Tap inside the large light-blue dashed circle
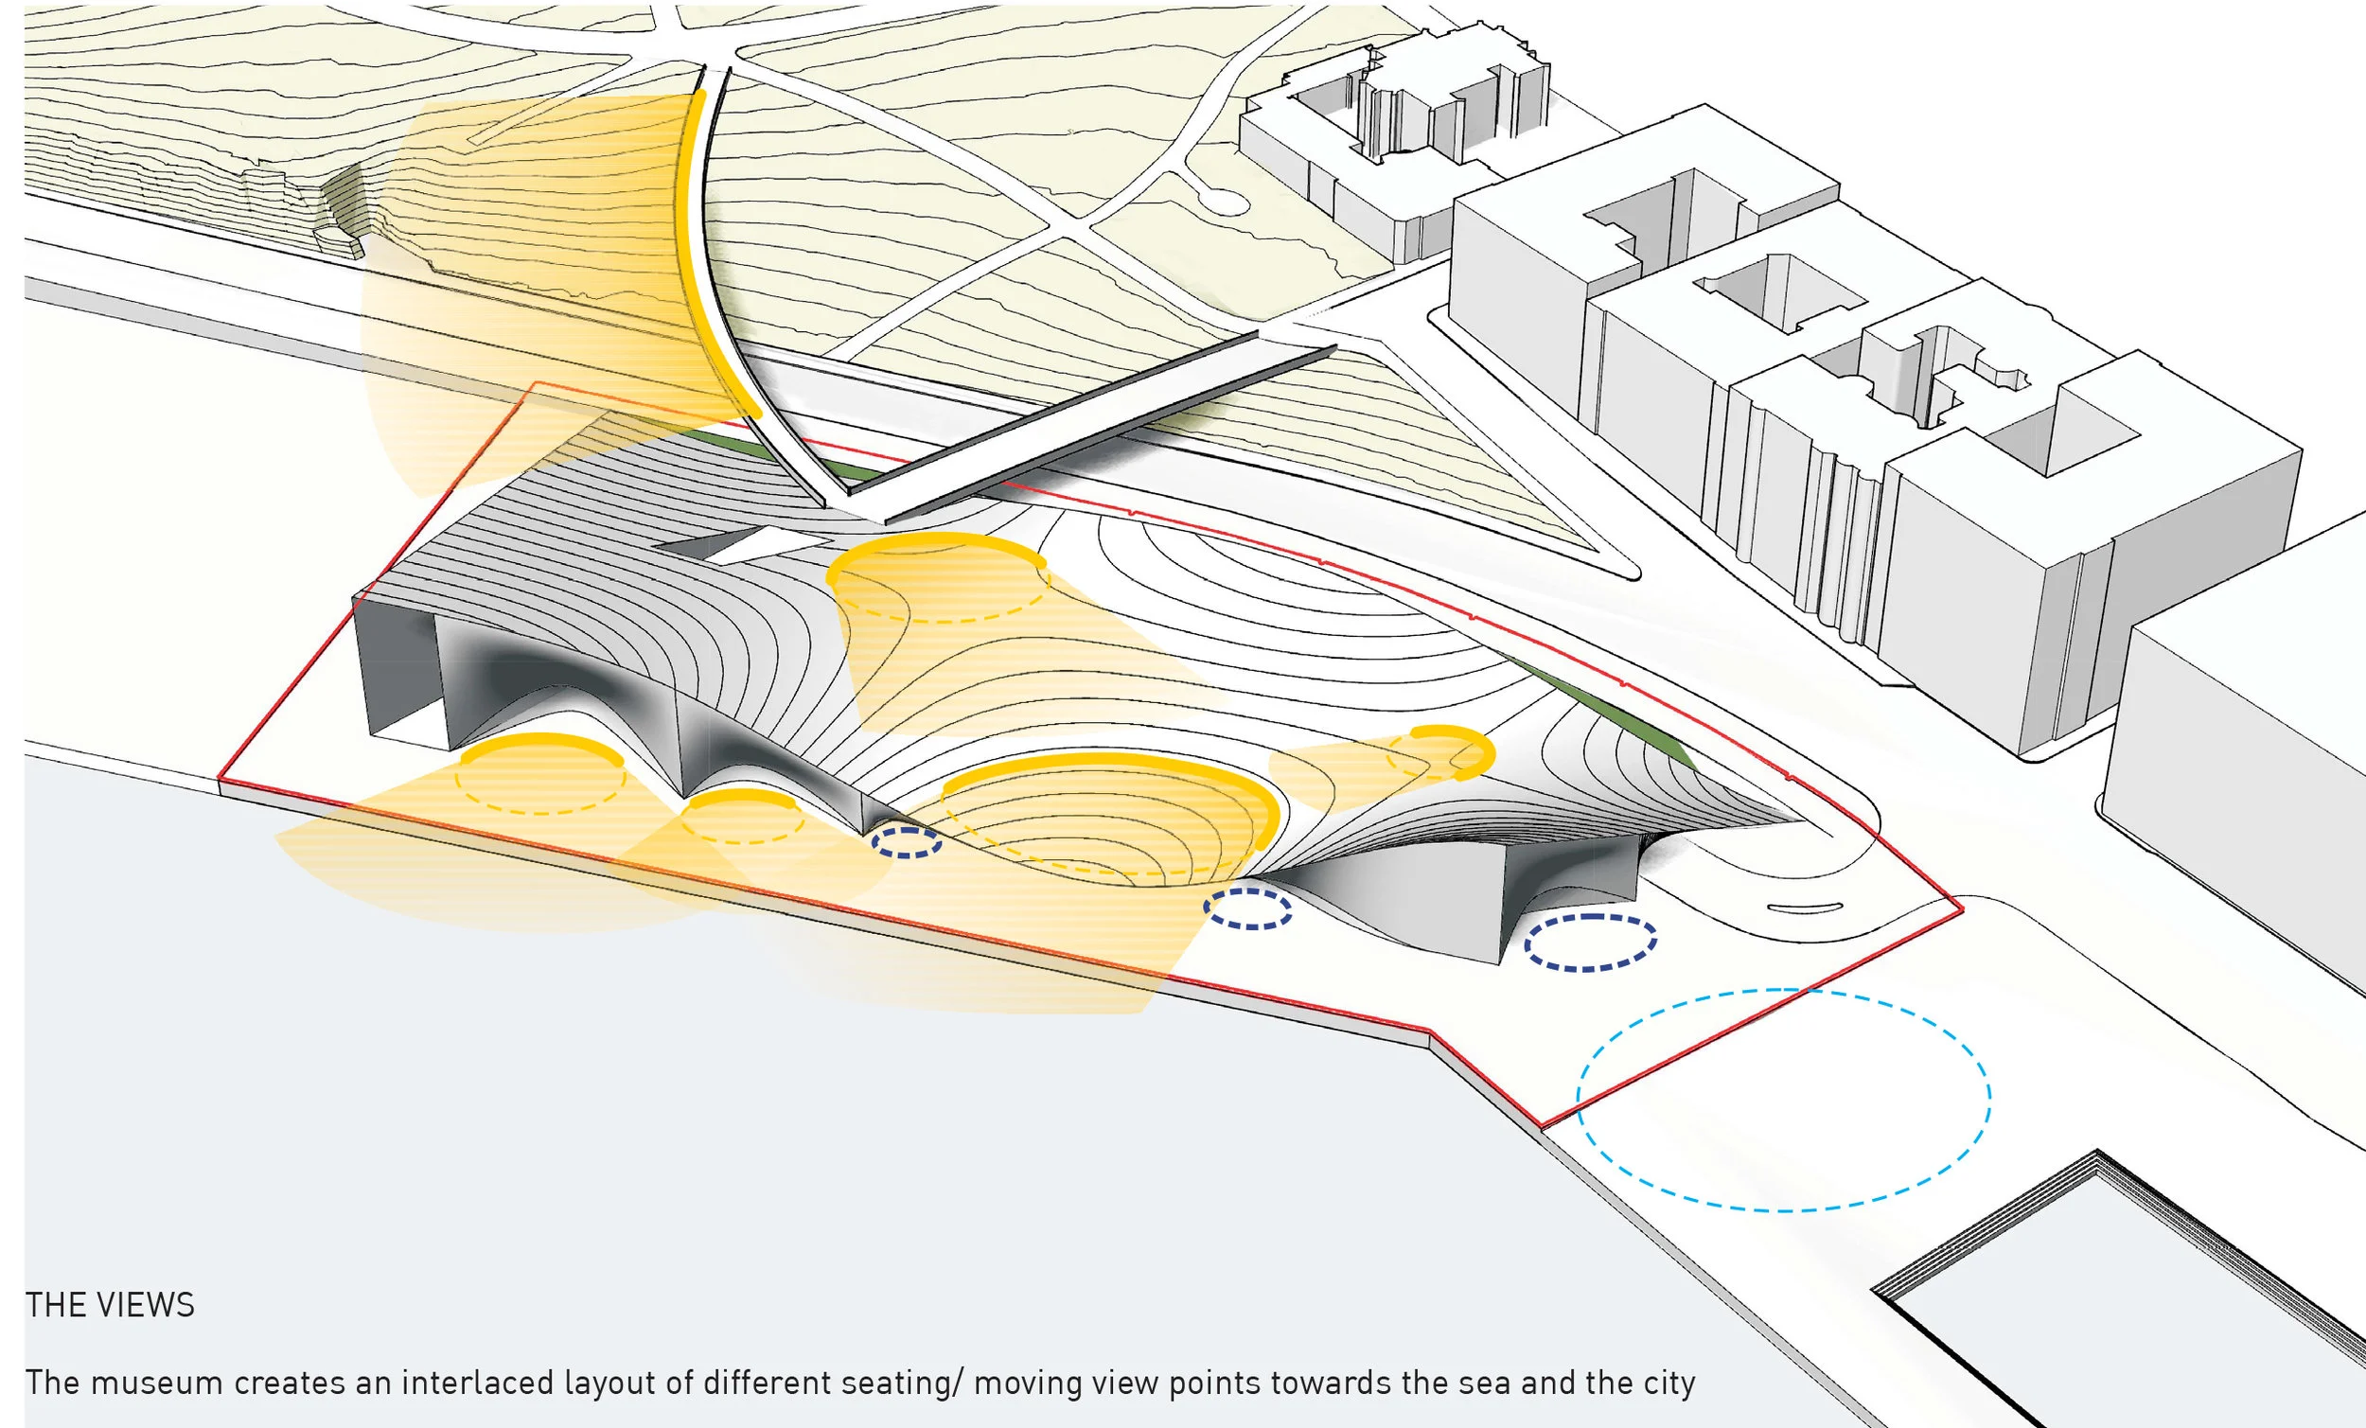1783,1100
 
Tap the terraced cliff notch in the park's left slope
345,211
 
